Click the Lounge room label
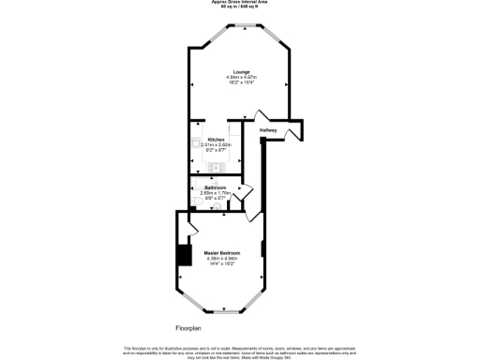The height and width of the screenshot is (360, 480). coord(240,70)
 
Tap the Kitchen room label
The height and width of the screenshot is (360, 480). coord(216,139)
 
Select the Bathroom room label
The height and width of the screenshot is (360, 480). coord(216,187)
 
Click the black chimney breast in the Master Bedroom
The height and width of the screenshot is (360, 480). coord(184,256)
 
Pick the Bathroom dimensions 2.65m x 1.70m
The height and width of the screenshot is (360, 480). coord(217,193)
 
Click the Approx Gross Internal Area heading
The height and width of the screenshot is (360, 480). coord(239,3)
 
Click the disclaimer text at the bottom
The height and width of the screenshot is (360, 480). coord(239,350)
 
